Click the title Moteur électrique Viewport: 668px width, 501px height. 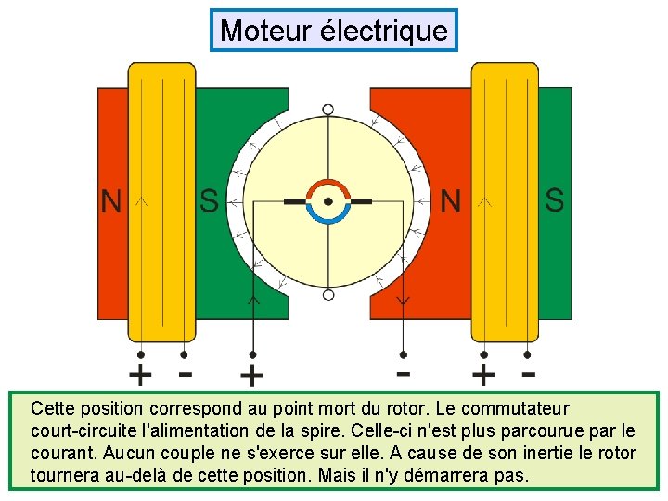pyautogui.click(x=334, y=31)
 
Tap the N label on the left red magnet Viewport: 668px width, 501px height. pyautogui.click(x=111, y=201)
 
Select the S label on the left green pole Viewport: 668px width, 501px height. pyautogui.click(x=210, y=201)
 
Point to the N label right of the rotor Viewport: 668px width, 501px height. pyautogui.click(x=450, y=201)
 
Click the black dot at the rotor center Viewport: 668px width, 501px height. pyautogui.click(x=328, y=200)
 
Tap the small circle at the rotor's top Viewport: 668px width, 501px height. pyautogui.click(x=328, y=109)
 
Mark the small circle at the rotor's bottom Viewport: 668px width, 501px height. pyautogui.click(x=328, y=295)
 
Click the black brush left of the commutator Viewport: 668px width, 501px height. pyautogui.click(x=296, y=201)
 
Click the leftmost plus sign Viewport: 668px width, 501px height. pyautogui.click(x=140, y=376)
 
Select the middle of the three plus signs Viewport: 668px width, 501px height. pyautogui.click(x=251, y=376)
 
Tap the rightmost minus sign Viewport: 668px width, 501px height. pyautogui.click(x=528, y=374)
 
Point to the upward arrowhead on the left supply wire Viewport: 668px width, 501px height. pyautogui.click(x=252, y=299)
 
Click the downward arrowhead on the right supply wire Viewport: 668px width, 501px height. pyautogui.click(x=404, y=301)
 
